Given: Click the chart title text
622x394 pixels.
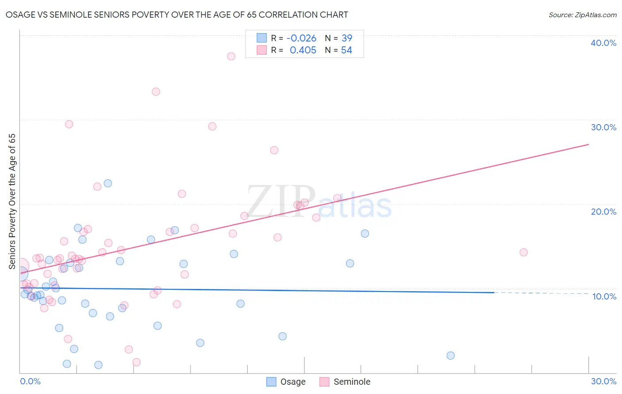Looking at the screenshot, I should (177, 15).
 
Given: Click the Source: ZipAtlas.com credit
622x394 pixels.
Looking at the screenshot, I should (582, 15).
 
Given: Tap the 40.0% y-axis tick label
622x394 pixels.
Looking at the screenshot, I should (603, 43).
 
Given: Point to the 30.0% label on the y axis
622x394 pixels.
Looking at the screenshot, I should (603, 127).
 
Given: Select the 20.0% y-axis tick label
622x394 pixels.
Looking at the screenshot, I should (603, 212).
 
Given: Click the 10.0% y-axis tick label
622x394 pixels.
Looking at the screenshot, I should (604, 296).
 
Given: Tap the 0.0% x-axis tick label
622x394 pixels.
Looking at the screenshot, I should (30, 381).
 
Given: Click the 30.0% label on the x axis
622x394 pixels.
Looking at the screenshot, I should (603, 381).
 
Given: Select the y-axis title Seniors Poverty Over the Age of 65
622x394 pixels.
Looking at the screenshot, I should (12, 201).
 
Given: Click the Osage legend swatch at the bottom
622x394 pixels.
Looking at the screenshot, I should (271, 382).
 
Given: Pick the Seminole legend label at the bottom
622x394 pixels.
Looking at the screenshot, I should (352, 382).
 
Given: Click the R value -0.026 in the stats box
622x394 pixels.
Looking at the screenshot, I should (301, 38).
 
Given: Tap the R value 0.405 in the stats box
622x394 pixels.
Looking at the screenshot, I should (303, 50).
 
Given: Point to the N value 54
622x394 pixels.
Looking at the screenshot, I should (346, 50).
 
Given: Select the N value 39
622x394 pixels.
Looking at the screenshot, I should (347, 38).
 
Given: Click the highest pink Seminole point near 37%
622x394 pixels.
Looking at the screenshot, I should (231, 56).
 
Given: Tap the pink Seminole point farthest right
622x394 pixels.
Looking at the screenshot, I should (523, 252).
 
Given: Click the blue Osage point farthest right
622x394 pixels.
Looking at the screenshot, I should (450, 356).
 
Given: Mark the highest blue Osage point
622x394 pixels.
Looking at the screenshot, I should (108, 183).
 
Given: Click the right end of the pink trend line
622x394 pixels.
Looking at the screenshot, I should (588, 144).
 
